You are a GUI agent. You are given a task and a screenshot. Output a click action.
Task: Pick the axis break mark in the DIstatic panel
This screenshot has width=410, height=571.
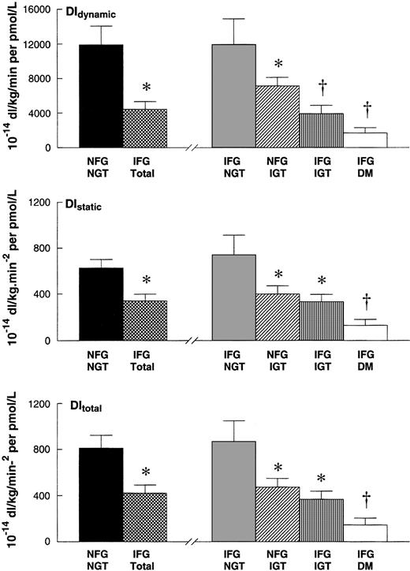[x=189, y=341]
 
